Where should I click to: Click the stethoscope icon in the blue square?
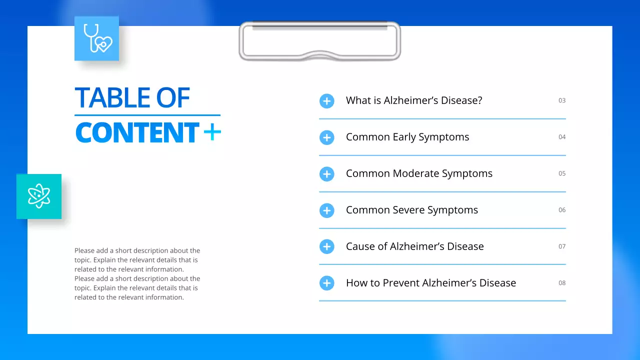pos(97,38)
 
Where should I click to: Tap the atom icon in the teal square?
pos(39,196)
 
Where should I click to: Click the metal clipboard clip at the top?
pos(319,41)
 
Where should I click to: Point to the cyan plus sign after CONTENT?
pos(212,132)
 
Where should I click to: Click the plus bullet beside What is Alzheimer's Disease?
pos(326,101)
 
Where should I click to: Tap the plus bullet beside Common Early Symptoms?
pos(326,137)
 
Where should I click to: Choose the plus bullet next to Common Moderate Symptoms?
pos(326,174)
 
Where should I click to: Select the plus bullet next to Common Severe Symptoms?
pos(326,210)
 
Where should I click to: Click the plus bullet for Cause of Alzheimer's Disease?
pos(326,246)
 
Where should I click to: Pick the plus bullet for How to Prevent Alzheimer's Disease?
pos(326,283)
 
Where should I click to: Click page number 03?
pos(562,100)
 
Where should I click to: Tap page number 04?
pos(562,137)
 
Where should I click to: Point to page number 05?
pos(562,173)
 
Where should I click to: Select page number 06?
pos(562,210)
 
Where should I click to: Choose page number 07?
pos(562,246)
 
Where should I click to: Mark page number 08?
pos(562,283)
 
